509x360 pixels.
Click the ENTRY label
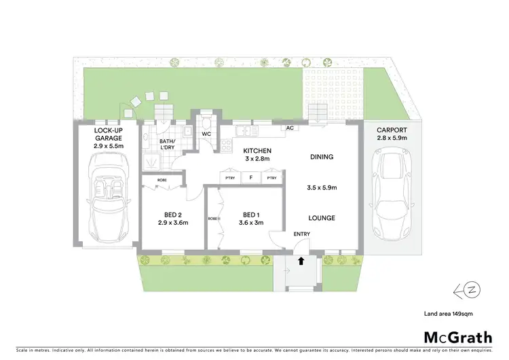(x=301, y=234)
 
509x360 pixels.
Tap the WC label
(x=206, y=134)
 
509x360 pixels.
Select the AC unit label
(x=289, y=128)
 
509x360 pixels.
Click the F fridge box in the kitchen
(x=251, y=178)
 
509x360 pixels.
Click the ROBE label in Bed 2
(x=162, y=180)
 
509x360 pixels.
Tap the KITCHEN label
(x=258, y=150)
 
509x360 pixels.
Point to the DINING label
(x=322, y=157)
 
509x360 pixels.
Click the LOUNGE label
(x=322, y=218)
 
